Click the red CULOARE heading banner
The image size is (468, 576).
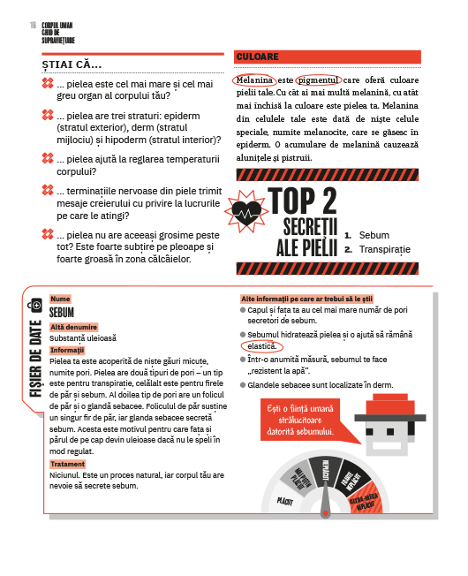coord(327,57)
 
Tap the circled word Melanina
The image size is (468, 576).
coord(254,80)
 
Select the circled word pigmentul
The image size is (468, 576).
coord(319,80)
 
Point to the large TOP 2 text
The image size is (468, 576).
coord(302,201)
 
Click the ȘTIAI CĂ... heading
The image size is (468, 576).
coord(72,64)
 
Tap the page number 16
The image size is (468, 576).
coord(33,25)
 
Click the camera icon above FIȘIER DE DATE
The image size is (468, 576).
coord(35,305)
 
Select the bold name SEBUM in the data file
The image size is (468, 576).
coord(62,312)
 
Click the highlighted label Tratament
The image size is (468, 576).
coord(67,464)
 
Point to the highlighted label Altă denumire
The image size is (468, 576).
coord(74,327)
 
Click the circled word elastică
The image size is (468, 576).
coord(261,346)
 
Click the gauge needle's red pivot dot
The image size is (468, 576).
coord(325,513)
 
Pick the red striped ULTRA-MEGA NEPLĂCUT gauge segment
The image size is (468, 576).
coord(365,498)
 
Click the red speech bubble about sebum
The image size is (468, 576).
coord(300,420)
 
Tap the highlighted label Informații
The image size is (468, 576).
coord(67,350)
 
